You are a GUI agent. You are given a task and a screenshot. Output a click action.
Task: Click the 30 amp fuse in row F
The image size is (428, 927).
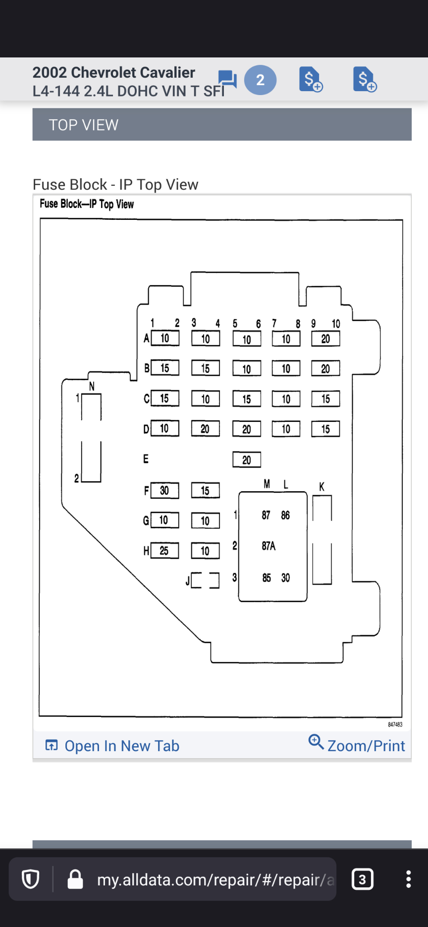click(164, 491)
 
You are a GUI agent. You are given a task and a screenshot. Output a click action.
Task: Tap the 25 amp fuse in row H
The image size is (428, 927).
click(164, 551)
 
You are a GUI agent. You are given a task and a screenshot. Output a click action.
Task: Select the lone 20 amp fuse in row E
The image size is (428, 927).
click(247, 460)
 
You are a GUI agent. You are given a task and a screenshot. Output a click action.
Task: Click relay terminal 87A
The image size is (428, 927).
click(268, 546)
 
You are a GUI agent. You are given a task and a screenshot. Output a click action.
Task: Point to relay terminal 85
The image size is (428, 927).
click(267, 578)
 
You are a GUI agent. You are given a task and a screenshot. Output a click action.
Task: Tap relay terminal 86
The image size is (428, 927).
click(285, 515)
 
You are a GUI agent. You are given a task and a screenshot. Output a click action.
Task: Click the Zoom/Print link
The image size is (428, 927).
click(357, 745)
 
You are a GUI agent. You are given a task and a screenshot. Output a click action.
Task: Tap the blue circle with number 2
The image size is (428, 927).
click(260, 80)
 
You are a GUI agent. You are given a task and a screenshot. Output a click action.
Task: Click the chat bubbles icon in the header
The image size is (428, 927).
click(227, 79)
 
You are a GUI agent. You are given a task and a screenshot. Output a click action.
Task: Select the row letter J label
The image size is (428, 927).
click(188, 581)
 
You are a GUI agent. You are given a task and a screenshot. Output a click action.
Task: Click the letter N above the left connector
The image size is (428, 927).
click(92, 386)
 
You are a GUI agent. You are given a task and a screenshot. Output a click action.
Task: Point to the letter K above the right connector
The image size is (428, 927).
click(322, 487)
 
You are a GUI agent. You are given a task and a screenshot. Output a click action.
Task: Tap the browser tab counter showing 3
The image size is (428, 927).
click(362, 879)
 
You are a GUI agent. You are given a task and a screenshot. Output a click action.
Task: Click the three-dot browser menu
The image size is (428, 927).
click(408, 879)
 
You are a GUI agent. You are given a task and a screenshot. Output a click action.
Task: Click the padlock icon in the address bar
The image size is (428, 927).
click(75, 879)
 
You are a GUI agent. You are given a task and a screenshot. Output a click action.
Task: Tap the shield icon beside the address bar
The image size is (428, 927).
click(31, 879)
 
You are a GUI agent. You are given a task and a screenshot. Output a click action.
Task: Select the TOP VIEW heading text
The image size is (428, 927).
click(84, 125)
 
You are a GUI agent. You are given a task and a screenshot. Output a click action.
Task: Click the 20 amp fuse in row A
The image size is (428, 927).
click(325, 339)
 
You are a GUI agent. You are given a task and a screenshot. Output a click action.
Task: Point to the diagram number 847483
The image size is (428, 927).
click(395, 724)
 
